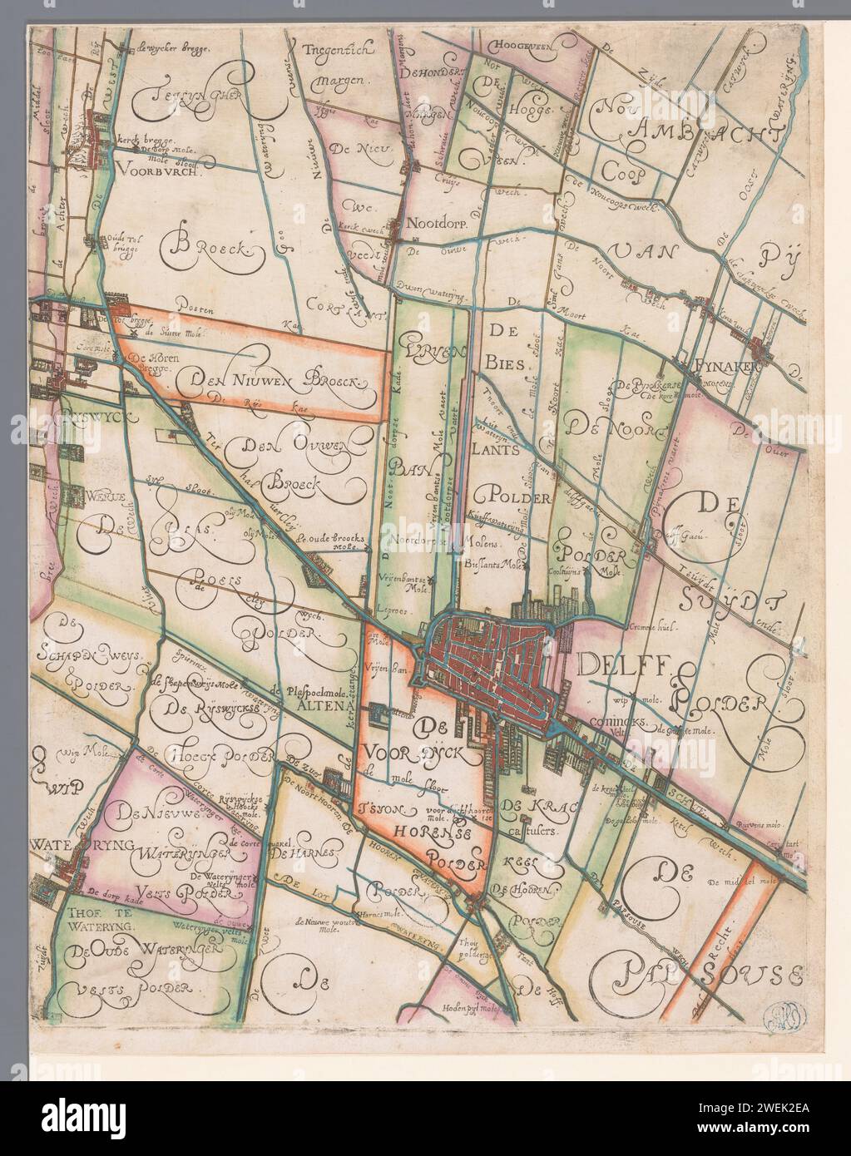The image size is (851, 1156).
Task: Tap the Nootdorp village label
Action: [438, 223]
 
